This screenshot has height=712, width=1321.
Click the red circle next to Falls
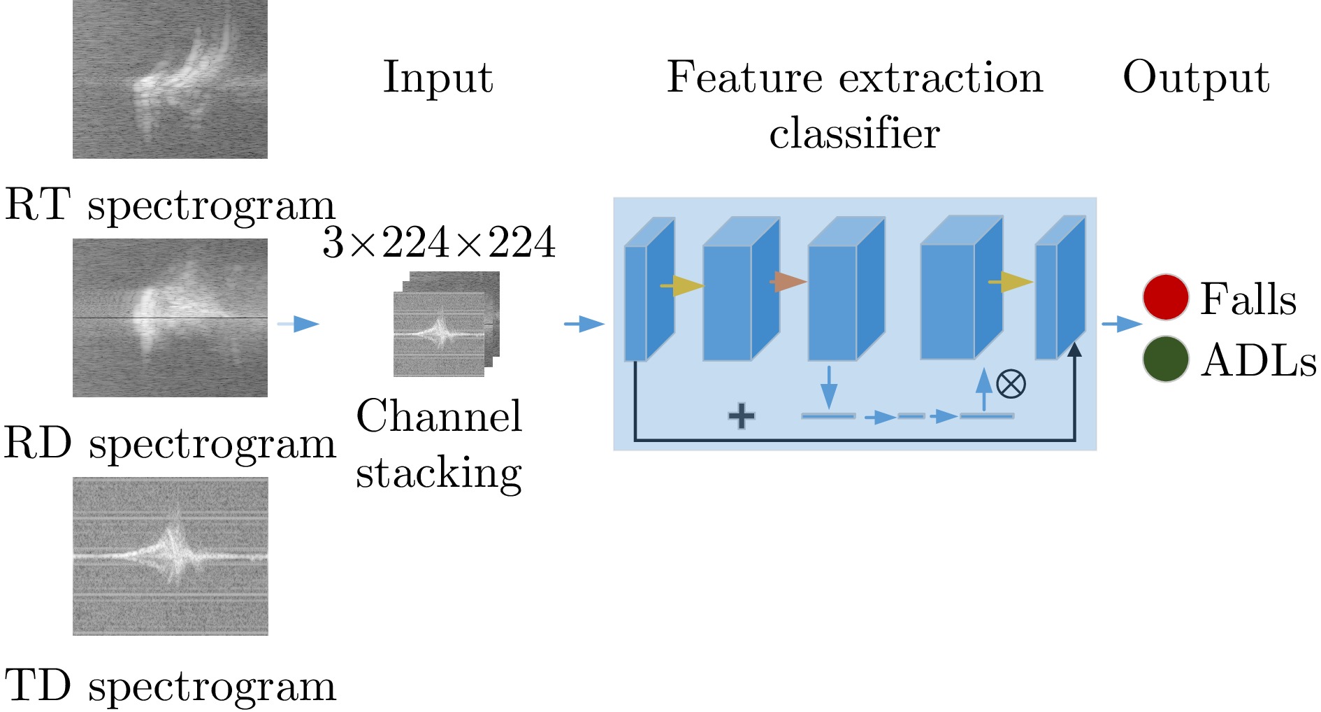click(1165, 297)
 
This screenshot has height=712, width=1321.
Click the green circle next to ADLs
click(1165, 359)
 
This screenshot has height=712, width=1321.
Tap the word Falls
click(1248, 299)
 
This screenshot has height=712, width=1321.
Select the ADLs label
click(1258, 360)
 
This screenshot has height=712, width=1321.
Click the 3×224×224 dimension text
click(439, 243)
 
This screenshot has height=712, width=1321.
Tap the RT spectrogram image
click(170, 79)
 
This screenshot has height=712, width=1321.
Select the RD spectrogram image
click(170, 318)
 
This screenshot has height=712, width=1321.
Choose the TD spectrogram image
click(170, 556)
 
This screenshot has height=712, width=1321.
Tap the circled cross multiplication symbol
click(1011, 383)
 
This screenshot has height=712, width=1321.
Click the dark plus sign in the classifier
click(742, 416)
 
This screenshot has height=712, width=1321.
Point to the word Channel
click(439, 416)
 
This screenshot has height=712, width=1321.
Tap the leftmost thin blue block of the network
click(635, 303)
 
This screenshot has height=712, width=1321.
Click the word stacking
click(439, 473)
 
